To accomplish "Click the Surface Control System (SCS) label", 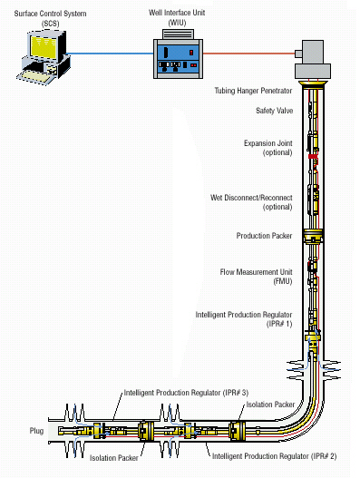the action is tap(50, 18).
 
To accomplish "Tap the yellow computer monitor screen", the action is tap(44, 46).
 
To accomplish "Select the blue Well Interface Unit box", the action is tap(178, 58).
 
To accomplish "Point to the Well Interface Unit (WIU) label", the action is tap(177, 17).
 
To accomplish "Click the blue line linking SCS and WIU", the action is tap(111, 54).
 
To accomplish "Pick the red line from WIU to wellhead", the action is tap(248, 54).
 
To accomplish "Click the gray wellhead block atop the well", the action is tap(313, 60).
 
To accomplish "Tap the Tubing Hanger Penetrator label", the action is tap(253, 91).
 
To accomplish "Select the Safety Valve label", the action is tap(275, 111).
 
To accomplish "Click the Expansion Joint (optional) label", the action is tap(268, 148).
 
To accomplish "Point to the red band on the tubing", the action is tap(313, 156).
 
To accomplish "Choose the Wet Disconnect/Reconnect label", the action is tap(251, 202).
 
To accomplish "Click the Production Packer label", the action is tap(264, 236).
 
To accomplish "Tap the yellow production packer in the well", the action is tap(313, 237).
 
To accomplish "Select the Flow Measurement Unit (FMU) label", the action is tap(256, 277).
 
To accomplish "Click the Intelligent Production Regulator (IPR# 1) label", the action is tap(244, 319).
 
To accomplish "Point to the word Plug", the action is tap(36, 431).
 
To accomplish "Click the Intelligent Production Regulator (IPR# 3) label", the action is tap(186, 393).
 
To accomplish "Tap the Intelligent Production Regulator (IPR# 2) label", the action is tap(275, 456).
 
